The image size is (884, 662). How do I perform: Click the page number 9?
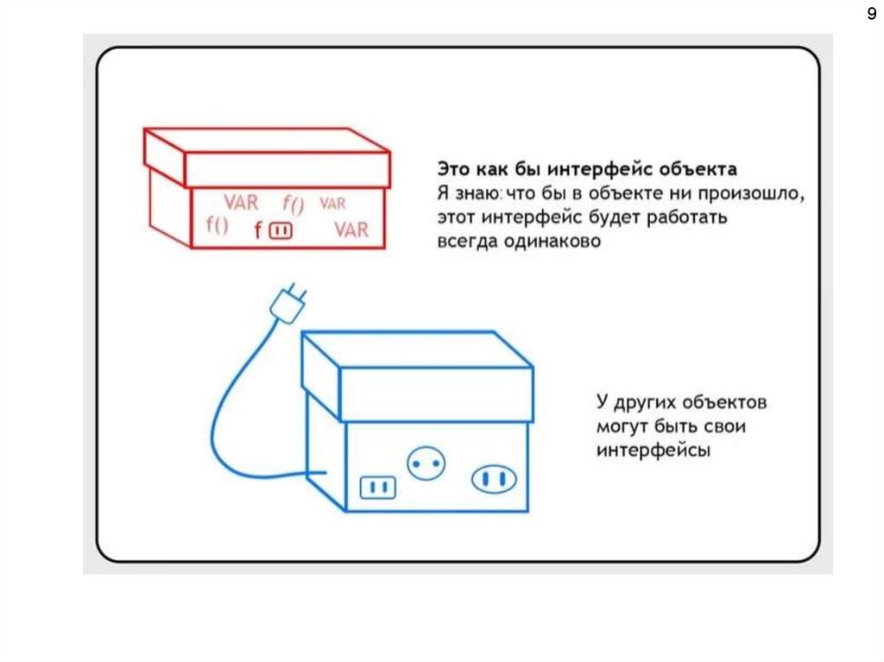pos(872,13)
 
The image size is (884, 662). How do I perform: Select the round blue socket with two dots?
pos(426,463)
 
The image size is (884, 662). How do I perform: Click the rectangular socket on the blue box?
pos(378,487)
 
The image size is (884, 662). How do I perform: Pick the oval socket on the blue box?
pos(494,479)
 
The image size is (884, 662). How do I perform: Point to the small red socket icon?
pos(281,230)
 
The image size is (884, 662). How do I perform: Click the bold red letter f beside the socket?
pos(258,230)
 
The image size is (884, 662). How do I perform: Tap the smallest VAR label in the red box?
pos(332,203)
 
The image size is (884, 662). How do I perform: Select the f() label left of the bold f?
pos(217,225)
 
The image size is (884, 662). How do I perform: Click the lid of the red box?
pos(268,158)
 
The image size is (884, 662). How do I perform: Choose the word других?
pos(645,402)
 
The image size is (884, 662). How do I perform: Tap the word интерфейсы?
pos(654,451)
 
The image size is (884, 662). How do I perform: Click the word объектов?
pos(724,402)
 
